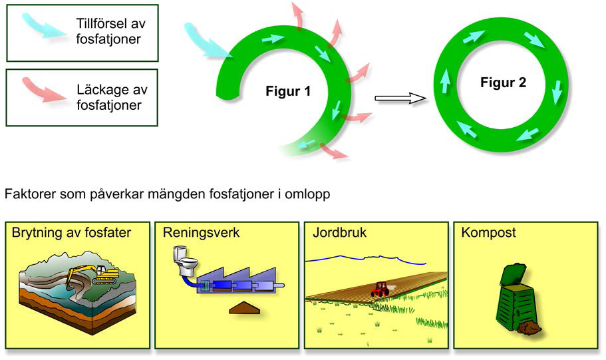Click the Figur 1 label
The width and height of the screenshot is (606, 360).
click(287, 91)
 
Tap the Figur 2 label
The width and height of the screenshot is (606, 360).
click(504, 83)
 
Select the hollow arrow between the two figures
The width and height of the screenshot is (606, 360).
click(400, 98)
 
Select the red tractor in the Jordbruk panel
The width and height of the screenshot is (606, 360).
click(380, 289)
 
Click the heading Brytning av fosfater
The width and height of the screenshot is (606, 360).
click(71, 234)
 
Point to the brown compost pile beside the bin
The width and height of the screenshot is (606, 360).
click(530, 327)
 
